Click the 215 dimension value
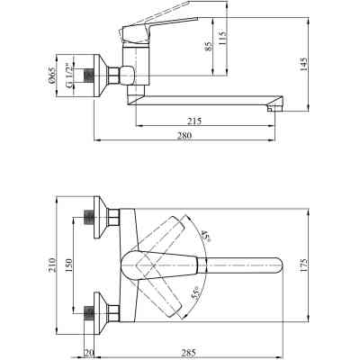pyautogui.click(x=194, y=121)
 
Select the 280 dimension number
pyautogui.click(x=185, y=135)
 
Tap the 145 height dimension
pyautogui.click(x=303, y=64)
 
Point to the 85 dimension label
pyautogui.click(x=208, y=46)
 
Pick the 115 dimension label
pyautogui.click(x=222, y=38)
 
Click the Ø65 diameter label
pyautogui.click(x=52, y=75)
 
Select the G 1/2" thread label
pyautogui.click(x=67, y=76)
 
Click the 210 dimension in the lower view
pyautogui.click(x=52, y=265)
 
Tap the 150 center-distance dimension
pyautogui.click(x=68, y=265)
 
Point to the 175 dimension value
pyautogui.click(x=303, y=265)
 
